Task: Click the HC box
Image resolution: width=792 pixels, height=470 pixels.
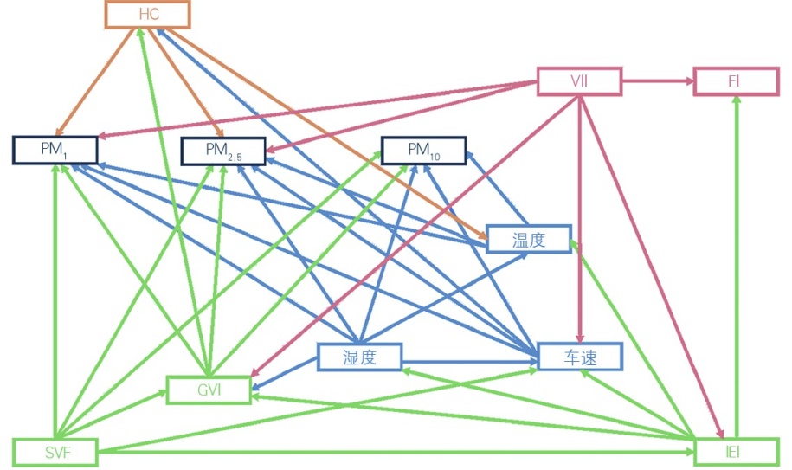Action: (148, 15)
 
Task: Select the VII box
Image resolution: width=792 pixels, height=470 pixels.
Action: (579, 81)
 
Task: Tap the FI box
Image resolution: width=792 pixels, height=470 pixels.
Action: (735, 81)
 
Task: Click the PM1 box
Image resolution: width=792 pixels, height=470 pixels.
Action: (55, 150)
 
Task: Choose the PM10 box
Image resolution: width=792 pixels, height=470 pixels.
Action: (423, 150)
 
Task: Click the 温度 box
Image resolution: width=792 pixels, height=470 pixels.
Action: (528, 239)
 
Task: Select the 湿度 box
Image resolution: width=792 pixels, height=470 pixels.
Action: (359, 357)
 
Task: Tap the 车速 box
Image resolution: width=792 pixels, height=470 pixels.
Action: (580, 356)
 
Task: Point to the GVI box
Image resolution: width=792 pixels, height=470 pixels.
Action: (209, 390)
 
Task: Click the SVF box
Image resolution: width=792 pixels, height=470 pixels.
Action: (55, 452)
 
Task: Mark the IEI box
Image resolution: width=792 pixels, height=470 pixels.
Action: (737, 452)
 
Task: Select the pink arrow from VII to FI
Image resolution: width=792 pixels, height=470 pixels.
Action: (658, 81)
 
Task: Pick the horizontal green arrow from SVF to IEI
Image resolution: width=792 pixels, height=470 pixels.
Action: (390, 452)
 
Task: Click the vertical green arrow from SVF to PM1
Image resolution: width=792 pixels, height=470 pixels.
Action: (55, 303)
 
